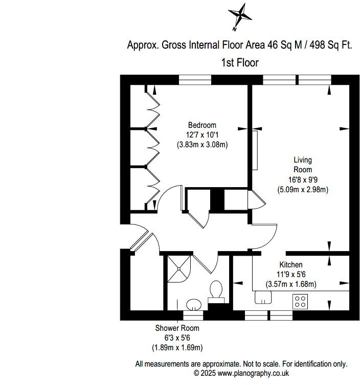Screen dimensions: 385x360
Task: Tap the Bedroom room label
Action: (202, 125)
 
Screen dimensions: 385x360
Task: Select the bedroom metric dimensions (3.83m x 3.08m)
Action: (202, 145)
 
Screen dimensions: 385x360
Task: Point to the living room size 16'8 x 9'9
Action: (302, 179)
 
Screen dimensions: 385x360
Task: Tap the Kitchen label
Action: (290, 265)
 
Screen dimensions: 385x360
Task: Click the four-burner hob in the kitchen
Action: (300, 301)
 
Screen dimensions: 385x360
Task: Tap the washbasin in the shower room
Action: (193, 305)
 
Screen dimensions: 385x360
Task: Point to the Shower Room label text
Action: (177, 328)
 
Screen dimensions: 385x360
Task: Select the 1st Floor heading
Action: (239, 62)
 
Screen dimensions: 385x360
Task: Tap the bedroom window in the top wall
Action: (195, 80)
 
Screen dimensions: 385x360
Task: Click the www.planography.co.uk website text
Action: (245, 374)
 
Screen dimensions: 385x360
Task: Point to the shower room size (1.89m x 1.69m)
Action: (177, 348)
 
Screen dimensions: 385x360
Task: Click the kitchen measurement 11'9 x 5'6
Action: (290, 275)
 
